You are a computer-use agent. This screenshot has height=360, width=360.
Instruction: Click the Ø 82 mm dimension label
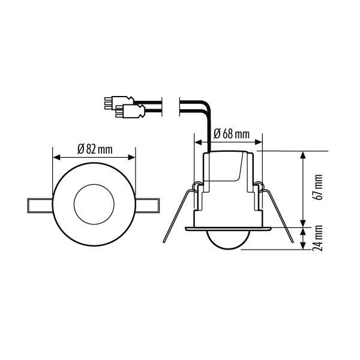coord(95,149)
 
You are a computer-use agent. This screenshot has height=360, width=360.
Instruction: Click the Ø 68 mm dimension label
coord(231,134)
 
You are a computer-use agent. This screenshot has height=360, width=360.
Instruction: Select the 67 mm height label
coord(319,187)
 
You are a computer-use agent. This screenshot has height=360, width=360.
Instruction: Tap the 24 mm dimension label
coord(319,238)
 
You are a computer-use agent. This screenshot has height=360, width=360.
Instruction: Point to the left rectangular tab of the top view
coord(40,205)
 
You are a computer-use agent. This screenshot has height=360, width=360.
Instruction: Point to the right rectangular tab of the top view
coord(147,205)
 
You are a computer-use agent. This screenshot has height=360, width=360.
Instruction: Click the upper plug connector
coord(119,103)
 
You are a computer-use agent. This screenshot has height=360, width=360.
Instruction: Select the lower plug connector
coord(130,112)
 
